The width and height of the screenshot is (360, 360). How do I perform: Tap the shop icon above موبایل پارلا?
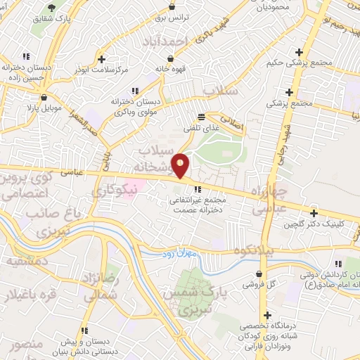(x=44, y=98)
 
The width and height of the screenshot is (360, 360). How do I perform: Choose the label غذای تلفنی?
(x=201, y=127)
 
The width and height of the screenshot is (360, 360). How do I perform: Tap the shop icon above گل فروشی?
(x=261, y=274)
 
